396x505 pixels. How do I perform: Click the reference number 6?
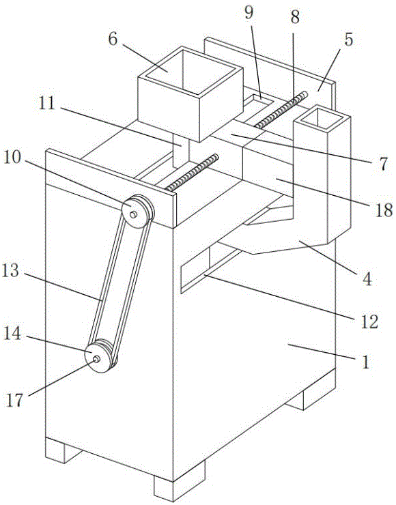113,40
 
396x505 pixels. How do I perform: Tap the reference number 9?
249,13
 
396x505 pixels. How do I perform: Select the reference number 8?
294,16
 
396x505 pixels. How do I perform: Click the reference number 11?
47,103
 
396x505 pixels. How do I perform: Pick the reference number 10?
12,157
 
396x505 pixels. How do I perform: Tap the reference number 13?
10,270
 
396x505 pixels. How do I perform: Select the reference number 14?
12,333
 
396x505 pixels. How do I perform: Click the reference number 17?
15,400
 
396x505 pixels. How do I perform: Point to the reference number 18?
384,210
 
